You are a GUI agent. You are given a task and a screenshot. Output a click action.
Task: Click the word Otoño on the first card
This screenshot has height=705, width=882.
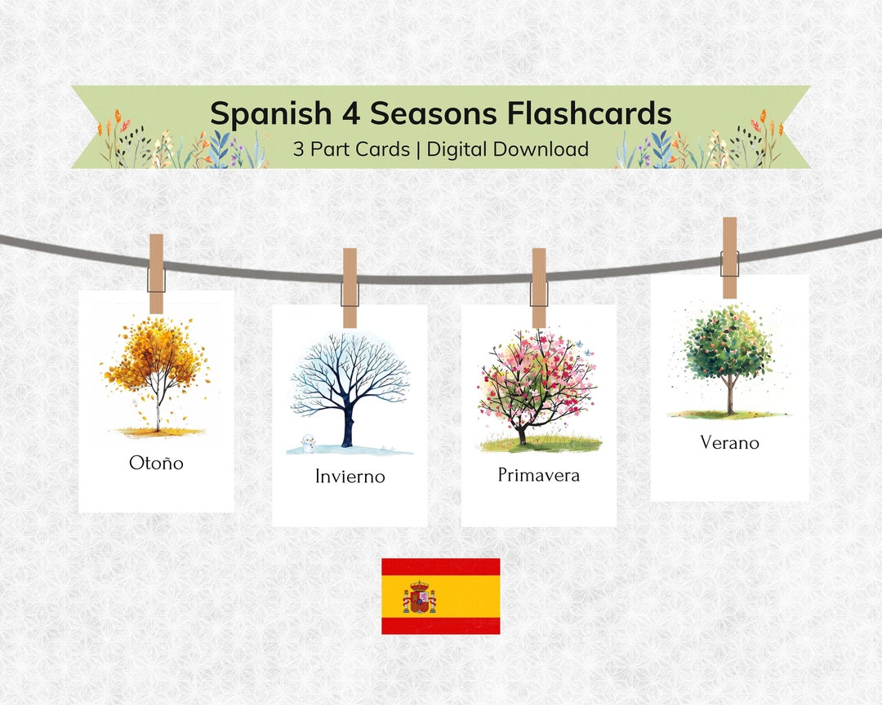(156, 463)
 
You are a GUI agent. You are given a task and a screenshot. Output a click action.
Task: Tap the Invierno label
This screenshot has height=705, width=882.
(350, 477)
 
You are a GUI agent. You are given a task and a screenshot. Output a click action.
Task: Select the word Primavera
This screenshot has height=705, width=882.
(538, 475)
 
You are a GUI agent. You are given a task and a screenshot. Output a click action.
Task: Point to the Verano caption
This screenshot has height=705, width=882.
(729, 443)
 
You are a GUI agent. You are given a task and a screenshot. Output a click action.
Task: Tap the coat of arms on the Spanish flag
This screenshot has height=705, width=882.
(420, 597)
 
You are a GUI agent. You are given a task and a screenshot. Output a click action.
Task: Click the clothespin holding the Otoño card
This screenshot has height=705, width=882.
(156, 273)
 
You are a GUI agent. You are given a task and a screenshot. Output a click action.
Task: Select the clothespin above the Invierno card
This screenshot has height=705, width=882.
(350, 287)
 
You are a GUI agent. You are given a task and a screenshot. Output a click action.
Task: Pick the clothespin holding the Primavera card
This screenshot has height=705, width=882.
(539, 287)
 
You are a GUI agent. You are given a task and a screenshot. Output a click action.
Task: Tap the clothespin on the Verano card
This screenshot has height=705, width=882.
(729, 257)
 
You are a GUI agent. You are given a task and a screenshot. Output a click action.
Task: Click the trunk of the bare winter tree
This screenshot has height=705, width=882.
(349, 424)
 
